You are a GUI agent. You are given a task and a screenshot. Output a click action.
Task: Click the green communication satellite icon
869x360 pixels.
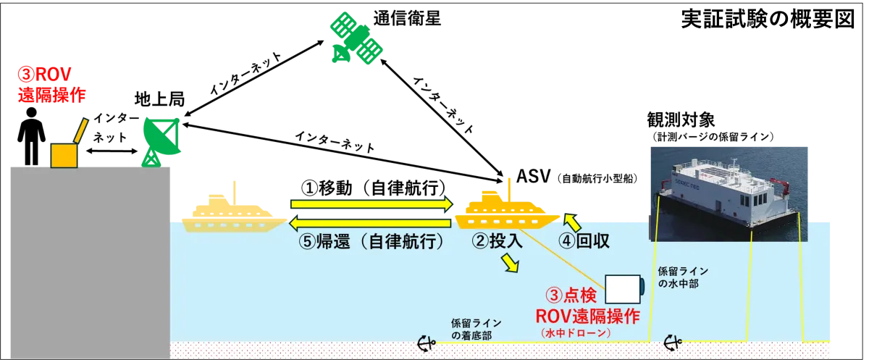(x=356, y=38)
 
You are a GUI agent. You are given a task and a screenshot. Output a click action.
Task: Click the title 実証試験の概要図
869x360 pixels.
(x=768, y=20)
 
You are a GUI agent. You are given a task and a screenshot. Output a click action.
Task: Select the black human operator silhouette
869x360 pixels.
(x=31, y=136)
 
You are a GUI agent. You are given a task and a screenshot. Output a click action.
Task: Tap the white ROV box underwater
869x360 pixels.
(x=624, y=290)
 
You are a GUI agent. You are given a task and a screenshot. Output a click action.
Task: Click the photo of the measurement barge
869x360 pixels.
(x=729, y=194)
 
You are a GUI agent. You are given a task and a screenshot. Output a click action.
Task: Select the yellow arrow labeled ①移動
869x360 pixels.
(x=371, y=204)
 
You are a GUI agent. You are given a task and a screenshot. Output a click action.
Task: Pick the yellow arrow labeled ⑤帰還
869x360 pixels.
(x=371, y=223)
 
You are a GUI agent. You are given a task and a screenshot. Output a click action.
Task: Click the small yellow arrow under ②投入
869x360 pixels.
(x=509, y=263)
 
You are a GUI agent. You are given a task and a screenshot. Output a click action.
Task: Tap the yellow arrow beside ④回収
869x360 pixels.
(x=572, y=222)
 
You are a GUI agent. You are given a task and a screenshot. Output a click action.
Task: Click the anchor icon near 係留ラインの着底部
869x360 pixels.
(x=427, y=343)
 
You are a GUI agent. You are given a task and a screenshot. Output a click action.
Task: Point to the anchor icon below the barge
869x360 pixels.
(x=673, y=343)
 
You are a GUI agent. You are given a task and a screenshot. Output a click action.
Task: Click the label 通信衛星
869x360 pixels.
(x=407, y=19)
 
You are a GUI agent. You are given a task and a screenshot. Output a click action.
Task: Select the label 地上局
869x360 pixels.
(x=160, y=99)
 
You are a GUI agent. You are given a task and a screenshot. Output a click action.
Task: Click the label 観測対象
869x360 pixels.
(x=681, y=120)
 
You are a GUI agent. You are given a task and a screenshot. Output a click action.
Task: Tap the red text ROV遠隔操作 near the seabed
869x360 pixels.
(x=587, y=317)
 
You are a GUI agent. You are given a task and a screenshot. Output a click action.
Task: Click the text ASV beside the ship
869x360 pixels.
(x=534, y=177)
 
